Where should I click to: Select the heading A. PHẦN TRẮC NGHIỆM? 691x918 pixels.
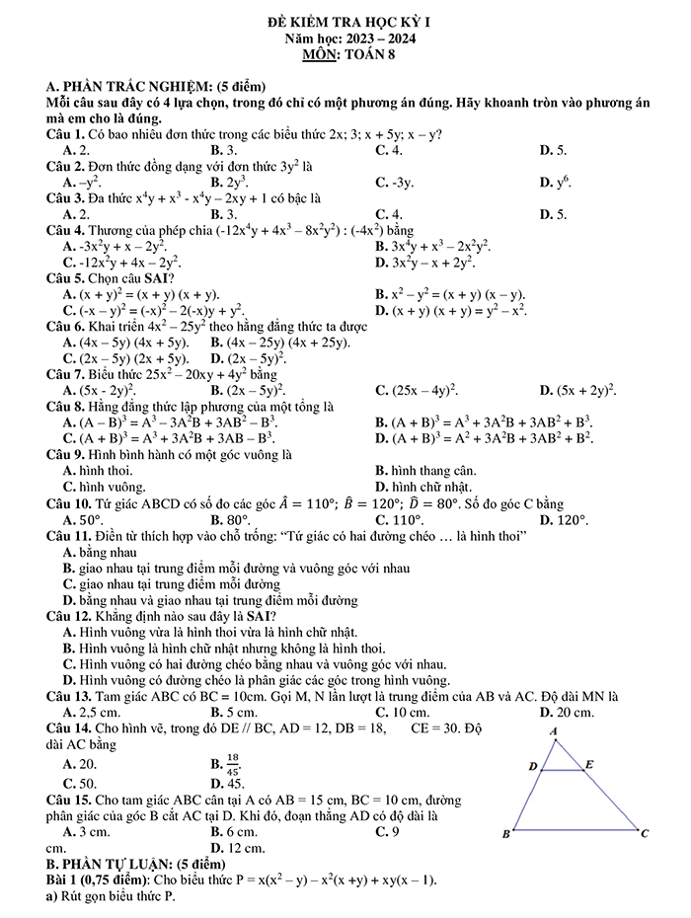coord(155,87)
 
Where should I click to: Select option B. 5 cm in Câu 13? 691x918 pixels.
coord(234,712)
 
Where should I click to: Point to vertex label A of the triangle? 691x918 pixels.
coord(555,730)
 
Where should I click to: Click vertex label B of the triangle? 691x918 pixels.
coord(505,834)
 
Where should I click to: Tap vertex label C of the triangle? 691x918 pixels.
coord(644,834)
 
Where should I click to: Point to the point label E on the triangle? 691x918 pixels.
coord(589,763)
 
